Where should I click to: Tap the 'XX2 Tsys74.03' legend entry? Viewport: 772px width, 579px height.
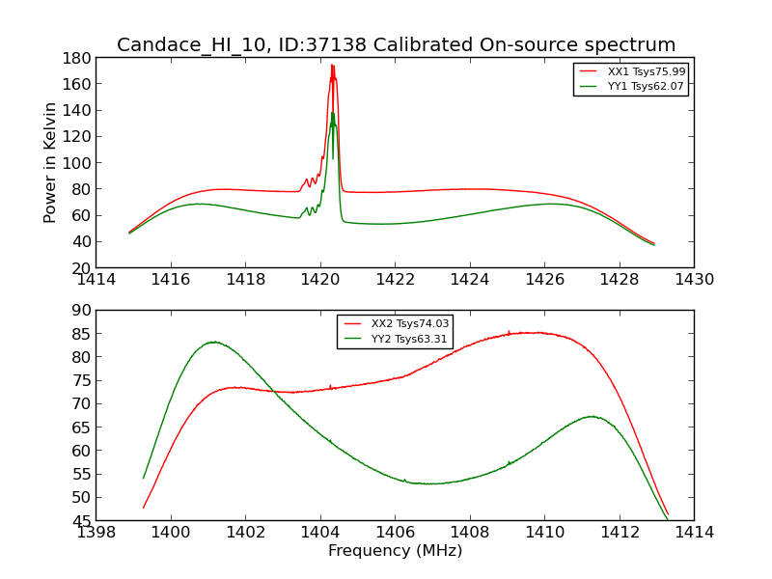(x=410, y=323)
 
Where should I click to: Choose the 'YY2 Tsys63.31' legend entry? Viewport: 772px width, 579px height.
(x=410, y=339)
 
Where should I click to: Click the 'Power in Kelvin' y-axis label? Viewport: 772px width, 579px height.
(x=50, y=162)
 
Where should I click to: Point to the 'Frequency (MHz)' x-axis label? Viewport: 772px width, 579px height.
(x=395, y=551)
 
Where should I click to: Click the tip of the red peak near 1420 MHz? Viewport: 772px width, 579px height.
(x=332, y=65)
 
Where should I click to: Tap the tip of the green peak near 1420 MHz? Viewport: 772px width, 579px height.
(x=332, y=113)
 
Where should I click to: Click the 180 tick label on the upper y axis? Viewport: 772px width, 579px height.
(x=77, y=57)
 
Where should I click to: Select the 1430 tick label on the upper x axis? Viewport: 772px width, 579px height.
(x=693, y=280)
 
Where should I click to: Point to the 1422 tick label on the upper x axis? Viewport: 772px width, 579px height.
(x=395, y=280)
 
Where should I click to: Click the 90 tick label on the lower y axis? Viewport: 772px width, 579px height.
(x=81, y=310)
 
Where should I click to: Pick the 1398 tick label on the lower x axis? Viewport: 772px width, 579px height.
(x=96, y=532)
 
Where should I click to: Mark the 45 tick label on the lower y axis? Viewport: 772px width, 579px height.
(x=81, y=521)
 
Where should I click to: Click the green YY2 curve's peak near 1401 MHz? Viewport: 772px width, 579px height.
(x=213, y=342)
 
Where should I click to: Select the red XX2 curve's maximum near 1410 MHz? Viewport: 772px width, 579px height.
(x=533, y=332)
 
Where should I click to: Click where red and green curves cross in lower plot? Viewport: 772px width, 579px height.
(x=276, y=392)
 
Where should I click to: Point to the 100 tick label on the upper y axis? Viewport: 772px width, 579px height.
(x=77, y=162)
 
